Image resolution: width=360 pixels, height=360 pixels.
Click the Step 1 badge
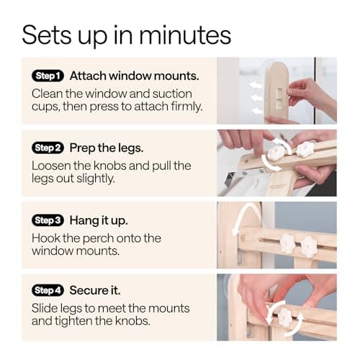coord(48,76)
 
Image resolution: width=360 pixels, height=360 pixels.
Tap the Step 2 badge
coord(48,148)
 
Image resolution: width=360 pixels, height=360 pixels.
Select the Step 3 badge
coord(48,220)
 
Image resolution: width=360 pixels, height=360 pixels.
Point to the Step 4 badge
coord(48,290)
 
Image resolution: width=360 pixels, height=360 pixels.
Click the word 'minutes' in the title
coord(185,35)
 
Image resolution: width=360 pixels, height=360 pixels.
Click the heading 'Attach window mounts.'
coord(134,76)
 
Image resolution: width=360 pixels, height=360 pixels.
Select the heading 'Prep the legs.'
coord(107,148)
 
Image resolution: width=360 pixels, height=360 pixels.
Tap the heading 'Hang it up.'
coord(99,220)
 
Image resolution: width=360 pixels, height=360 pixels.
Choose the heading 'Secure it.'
coord(95,290)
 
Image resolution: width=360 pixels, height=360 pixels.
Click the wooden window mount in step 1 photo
coord(276,92)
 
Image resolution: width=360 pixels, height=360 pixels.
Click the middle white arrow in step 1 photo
coord(256,98)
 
